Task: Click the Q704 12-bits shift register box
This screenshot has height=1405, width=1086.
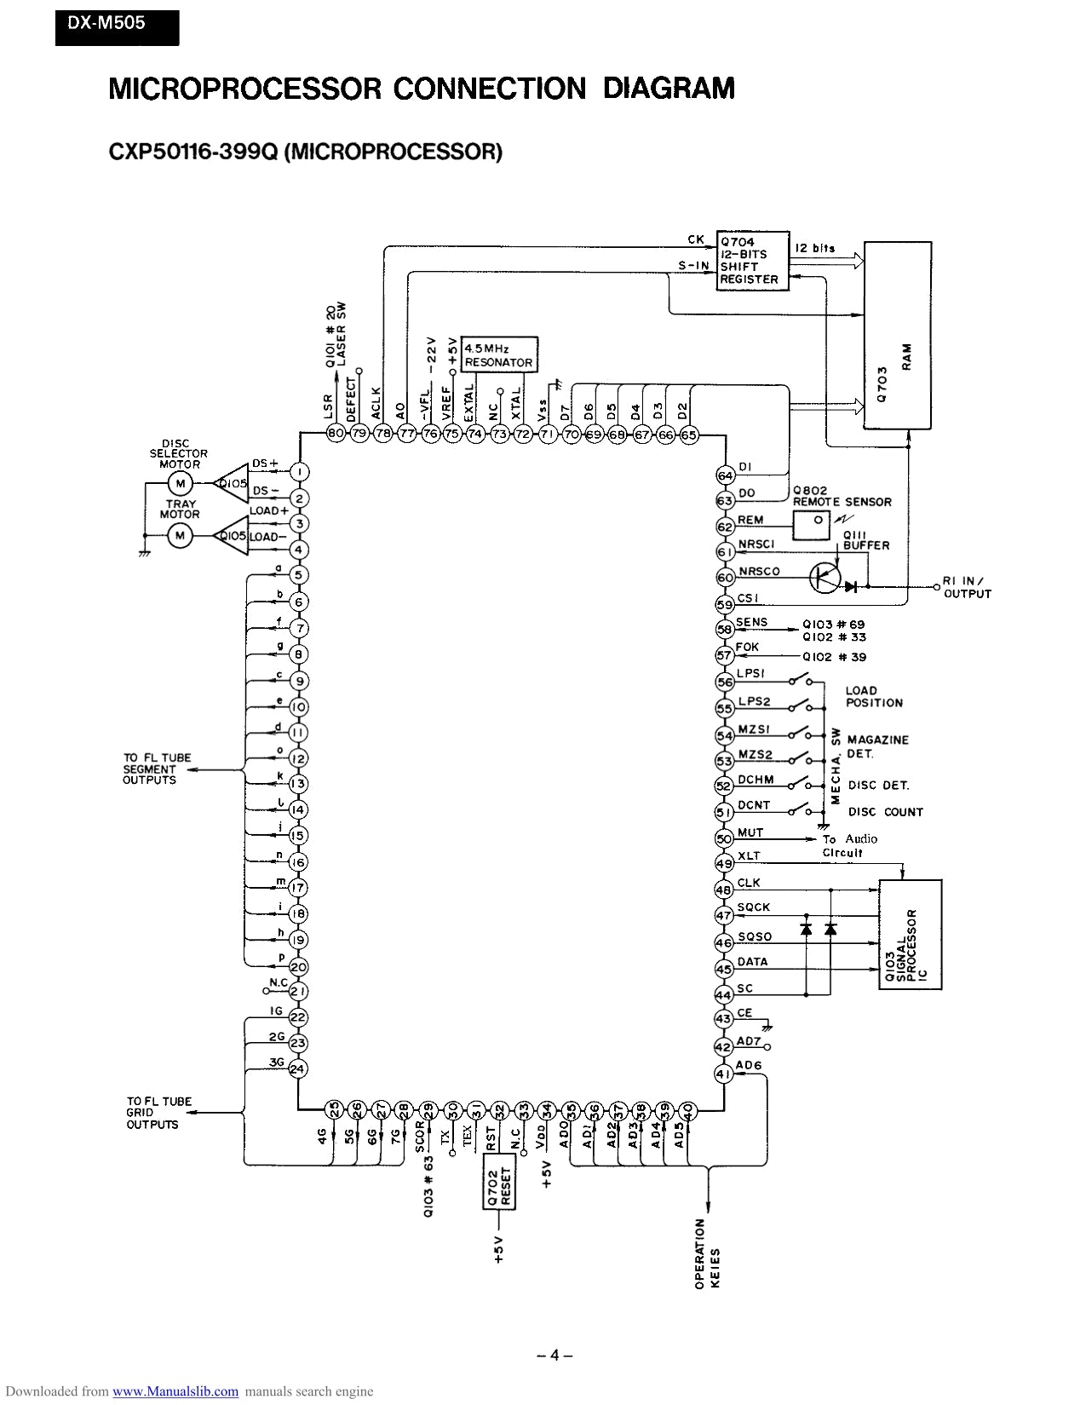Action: click(x=750, y=261)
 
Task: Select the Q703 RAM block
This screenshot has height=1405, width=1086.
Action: click(x=897, y=336)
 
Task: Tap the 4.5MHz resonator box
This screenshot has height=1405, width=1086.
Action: click(x=499, y=355)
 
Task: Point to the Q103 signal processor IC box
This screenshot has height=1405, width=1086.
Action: click(x=911, y=935)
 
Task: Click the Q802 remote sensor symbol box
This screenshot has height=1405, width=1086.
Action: click(x=812, y=526)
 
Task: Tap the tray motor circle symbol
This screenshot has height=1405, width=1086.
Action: click(x=179, y=535)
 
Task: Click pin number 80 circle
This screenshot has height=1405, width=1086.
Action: click(x=336, y=434)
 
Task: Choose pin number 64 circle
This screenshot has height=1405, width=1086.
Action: click(x=725, y=475)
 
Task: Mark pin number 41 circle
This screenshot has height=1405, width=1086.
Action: click(x=723, y=1074)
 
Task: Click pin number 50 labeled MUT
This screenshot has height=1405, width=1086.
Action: click(x=724, y=838)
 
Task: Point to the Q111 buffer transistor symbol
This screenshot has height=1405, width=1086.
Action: click(x=825, y=579)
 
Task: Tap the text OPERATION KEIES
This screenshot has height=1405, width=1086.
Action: click(x=706, y=1253)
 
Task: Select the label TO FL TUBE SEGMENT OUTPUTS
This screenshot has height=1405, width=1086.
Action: click(x=157, y=769)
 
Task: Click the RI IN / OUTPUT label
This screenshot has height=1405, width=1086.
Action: click(x=967, y=588)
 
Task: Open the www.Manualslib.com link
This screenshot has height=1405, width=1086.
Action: click(x=175, y=1391)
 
